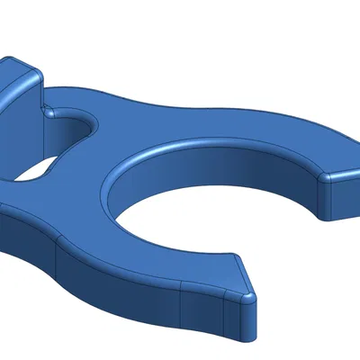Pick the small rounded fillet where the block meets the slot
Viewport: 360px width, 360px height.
point(50,113)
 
